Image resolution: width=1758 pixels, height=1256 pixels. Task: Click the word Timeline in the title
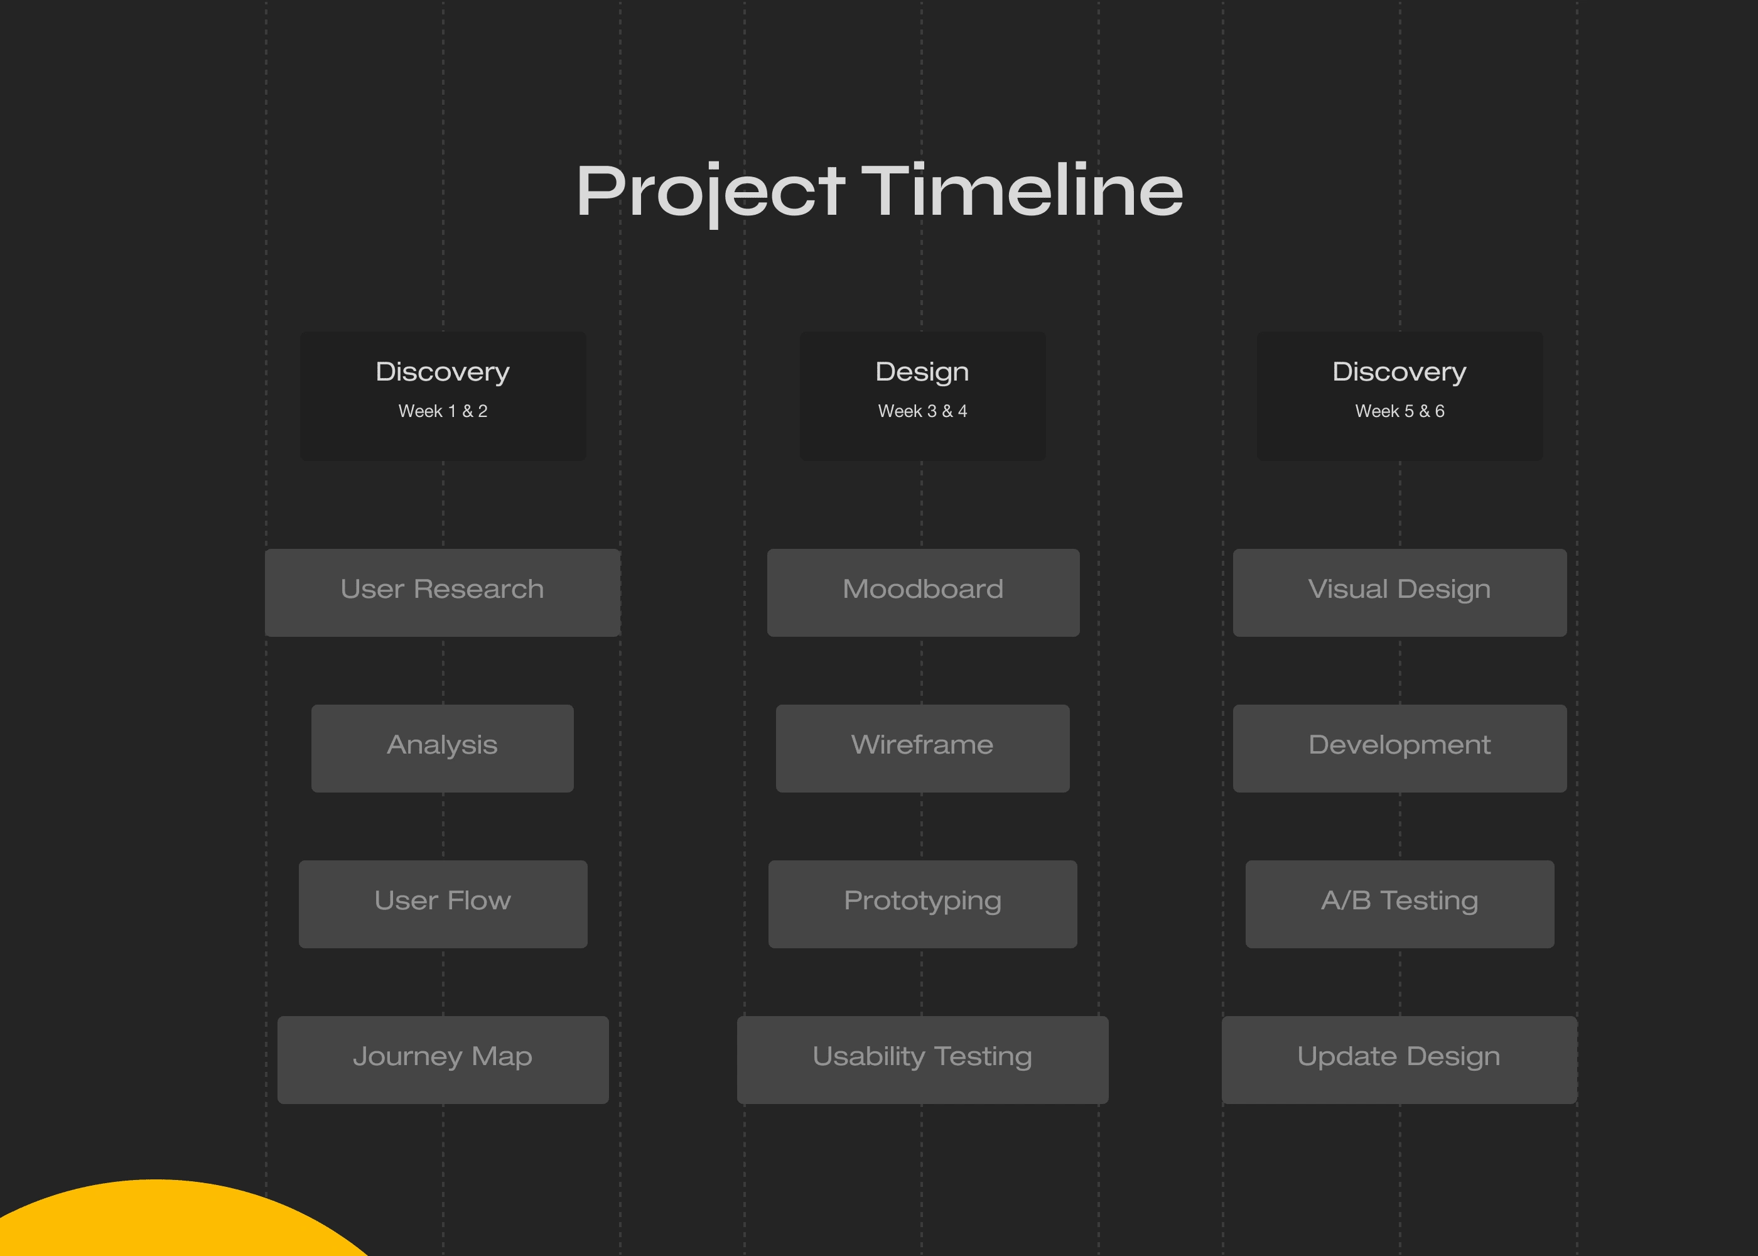1022,190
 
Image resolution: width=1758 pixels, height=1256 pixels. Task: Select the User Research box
442,592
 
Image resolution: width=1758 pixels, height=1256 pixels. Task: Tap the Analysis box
442,748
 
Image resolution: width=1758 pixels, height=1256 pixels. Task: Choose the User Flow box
443,904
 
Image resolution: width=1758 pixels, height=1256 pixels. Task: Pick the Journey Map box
443,1059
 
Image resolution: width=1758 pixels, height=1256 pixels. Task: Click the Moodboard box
923,592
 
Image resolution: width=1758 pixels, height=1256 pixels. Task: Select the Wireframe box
923,748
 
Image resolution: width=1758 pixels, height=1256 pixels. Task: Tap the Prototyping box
922,904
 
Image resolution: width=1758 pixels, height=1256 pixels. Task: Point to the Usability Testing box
922,1059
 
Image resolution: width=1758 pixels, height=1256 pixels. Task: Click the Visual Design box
1400,592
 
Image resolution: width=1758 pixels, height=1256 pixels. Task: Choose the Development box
1400,748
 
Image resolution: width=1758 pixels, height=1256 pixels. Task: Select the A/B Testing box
1400,904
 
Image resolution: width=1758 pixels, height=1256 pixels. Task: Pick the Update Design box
1399,1059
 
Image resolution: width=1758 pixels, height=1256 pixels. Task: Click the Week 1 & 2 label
443,411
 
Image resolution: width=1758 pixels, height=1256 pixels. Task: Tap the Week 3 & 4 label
922,411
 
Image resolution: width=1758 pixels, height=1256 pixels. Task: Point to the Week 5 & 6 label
1400,411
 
